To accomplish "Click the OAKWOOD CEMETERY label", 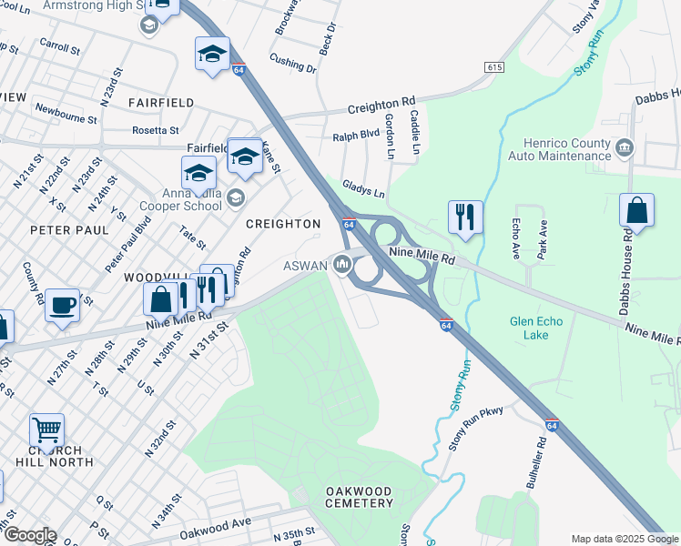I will [x=359, y=499].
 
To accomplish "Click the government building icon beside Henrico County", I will [x=625, y=147].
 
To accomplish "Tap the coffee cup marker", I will [x=63, y=306].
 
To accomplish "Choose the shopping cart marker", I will [x=46, y=428].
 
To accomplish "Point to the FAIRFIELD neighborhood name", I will [x=162, y=103].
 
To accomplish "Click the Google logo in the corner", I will [x=29, y=534].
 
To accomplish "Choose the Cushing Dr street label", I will [x=292, y=61].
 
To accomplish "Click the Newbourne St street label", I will [x=66, y=113].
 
